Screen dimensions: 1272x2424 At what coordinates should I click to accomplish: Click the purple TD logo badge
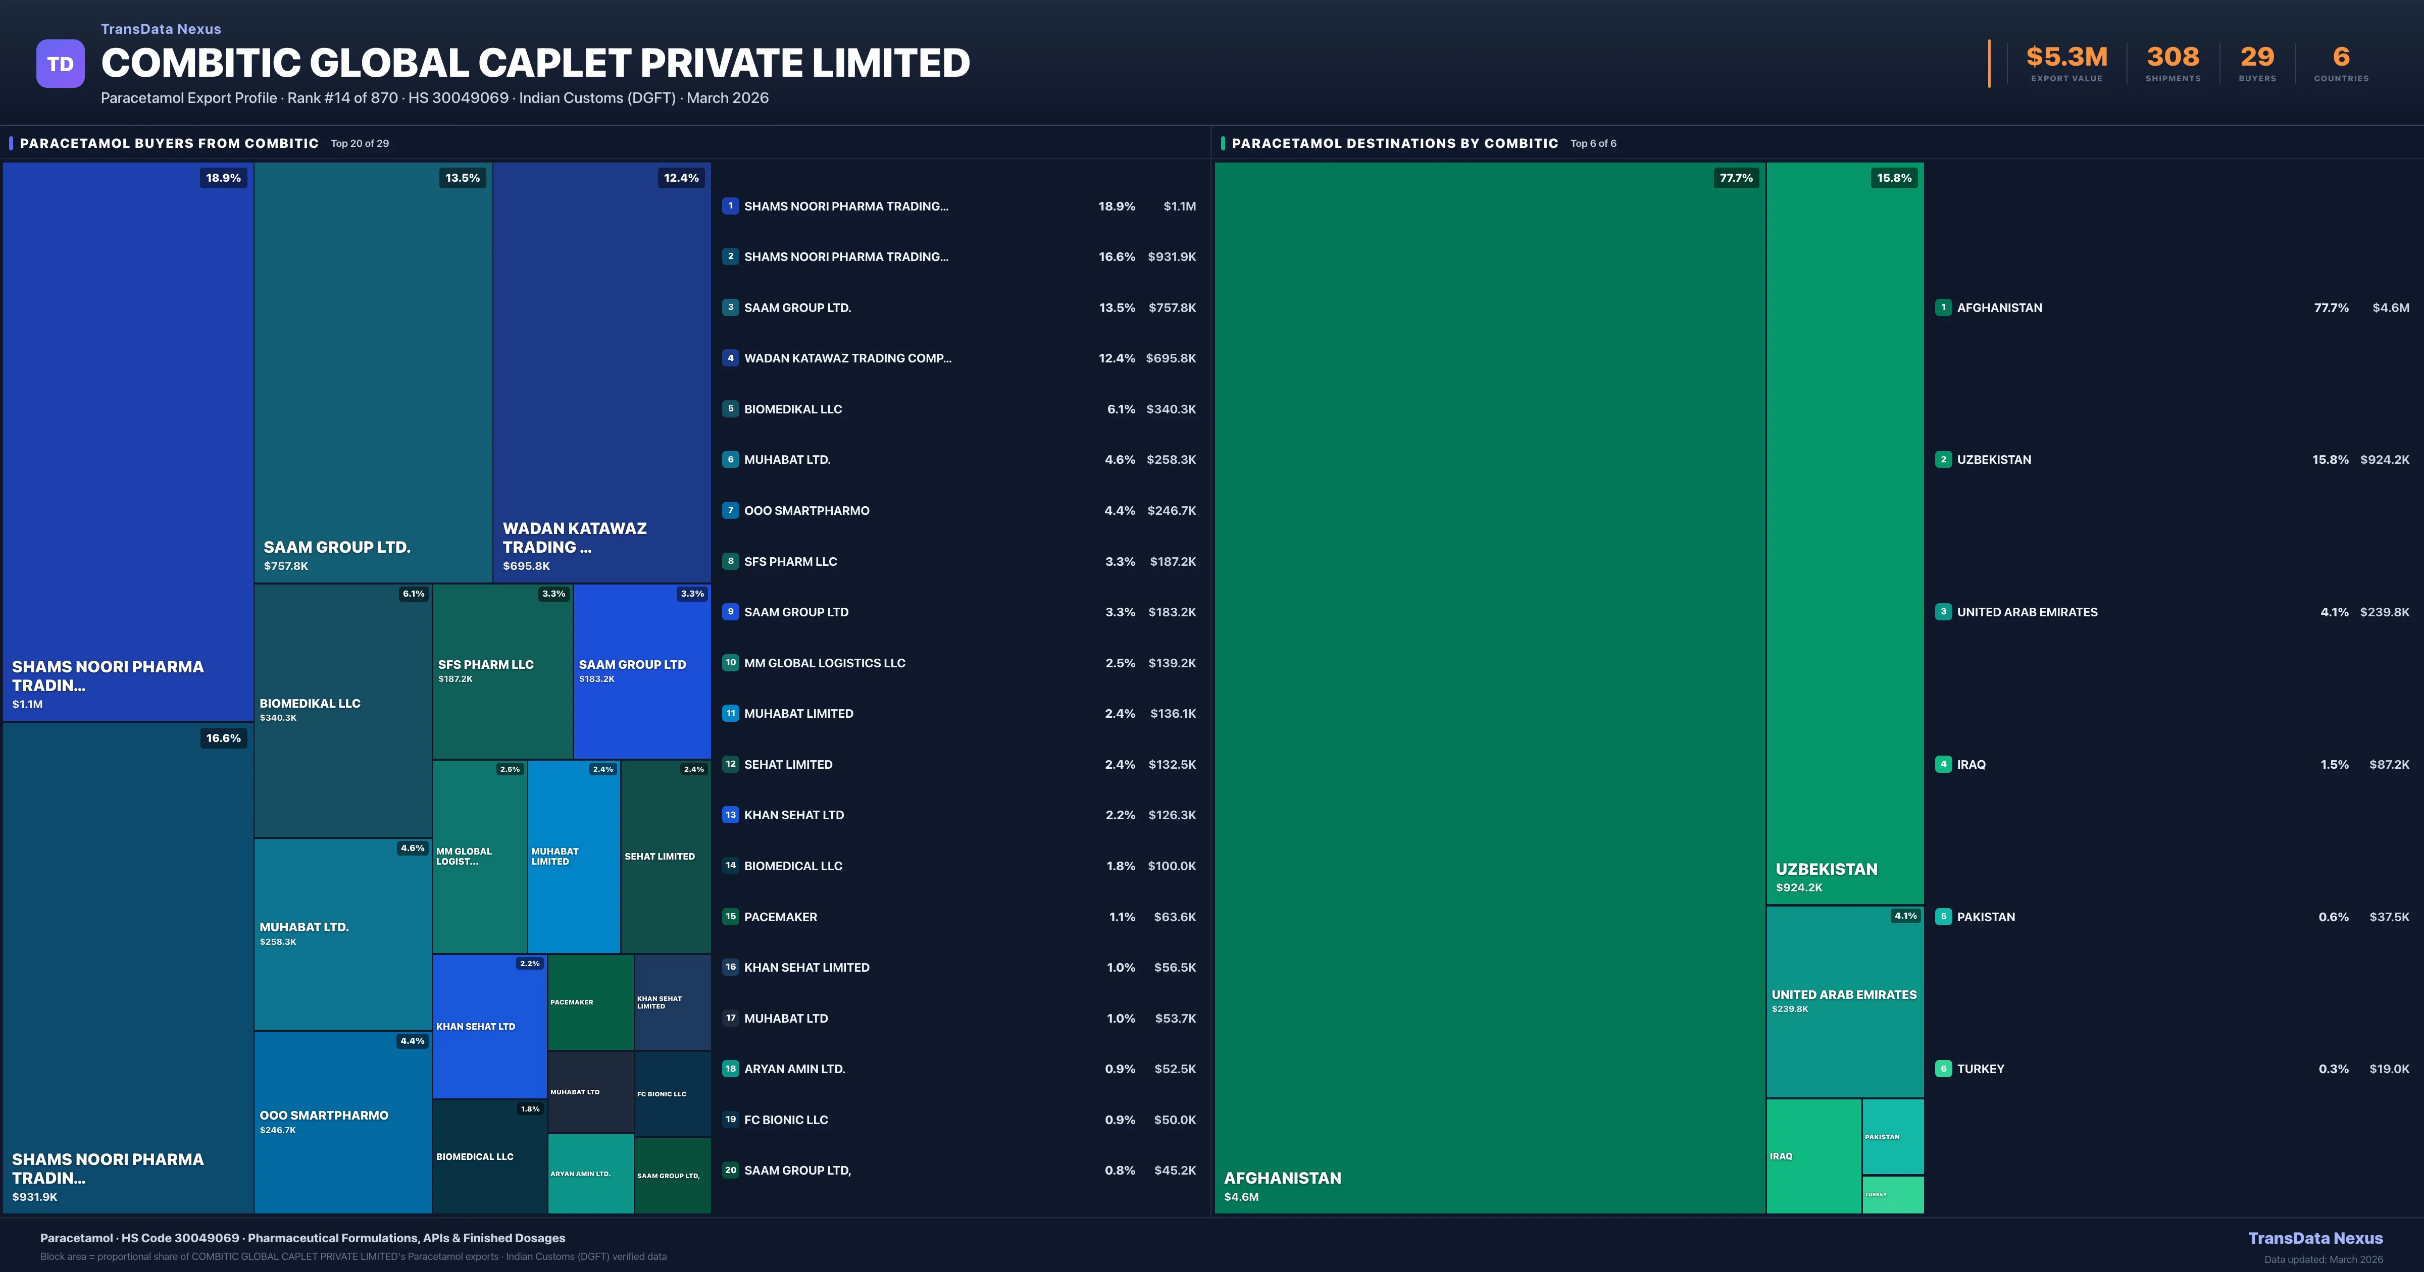pos(60,64)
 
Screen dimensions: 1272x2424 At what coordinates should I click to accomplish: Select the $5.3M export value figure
pos(2066,58)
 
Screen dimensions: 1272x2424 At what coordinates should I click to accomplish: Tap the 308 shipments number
pos(2173,58)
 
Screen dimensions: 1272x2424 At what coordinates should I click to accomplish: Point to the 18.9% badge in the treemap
pos(223,178)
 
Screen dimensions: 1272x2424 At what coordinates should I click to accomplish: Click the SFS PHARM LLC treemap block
pos(502,671)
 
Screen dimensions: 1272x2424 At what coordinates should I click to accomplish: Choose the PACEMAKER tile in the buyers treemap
pos(590,1002)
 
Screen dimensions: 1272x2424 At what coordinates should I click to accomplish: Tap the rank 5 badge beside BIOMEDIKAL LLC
pos(730,409)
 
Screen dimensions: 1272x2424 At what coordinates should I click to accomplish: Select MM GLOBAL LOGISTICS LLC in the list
pos(824,663)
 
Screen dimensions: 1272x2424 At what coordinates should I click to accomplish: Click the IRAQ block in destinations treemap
pos(1813,1156)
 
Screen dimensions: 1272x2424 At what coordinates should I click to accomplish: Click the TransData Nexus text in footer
pos(2315,1238)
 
